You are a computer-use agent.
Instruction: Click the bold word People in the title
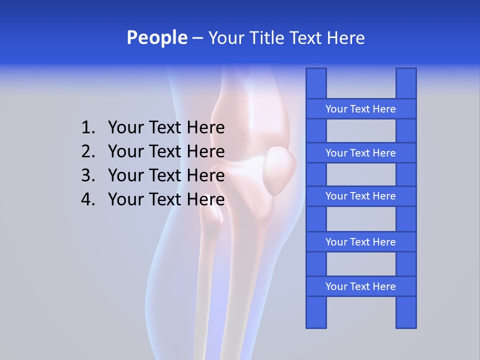(156, 37)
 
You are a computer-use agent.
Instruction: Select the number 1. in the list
(88, 128)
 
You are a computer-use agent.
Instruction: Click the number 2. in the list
(88, 151)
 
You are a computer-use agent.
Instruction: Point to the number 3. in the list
(88, 175)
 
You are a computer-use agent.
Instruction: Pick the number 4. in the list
(88, 199)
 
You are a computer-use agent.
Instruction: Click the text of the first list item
(166, 128)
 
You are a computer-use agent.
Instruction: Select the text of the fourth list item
(166, 199)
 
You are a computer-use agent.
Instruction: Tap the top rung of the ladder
(360, 109)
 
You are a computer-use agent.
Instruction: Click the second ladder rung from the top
(360, 153)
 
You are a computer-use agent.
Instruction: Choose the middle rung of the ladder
(360, 196)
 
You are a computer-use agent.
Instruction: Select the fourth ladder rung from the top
(360, 242)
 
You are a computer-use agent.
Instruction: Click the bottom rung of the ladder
(360, 286)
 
